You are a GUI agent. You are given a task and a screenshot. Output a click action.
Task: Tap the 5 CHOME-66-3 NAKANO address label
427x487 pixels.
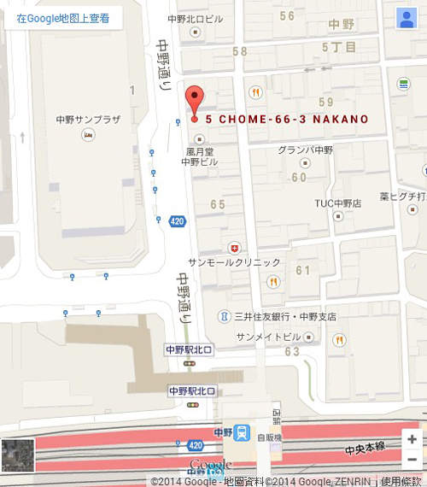[x=287, y=119]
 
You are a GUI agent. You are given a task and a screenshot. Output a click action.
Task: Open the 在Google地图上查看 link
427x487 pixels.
[x=63, y=18]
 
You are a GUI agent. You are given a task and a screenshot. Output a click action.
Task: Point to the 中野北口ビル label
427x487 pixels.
[x=196, y=18]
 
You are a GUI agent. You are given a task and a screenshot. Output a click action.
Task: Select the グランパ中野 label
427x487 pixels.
[x=304, y=150]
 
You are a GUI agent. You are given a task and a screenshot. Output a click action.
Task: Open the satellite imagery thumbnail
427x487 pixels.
[x=17, y=455]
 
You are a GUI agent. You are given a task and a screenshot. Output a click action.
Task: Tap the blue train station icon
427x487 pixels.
[x=243, y=432]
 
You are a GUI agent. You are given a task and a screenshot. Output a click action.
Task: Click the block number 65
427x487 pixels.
[x=217, y=204]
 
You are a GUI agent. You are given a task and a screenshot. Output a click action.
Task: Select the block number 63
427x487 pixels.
[x=292, y=351]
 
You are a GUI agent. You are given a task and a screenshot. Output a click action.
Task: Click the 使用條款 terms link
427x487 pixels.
[x=404, y=480]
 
